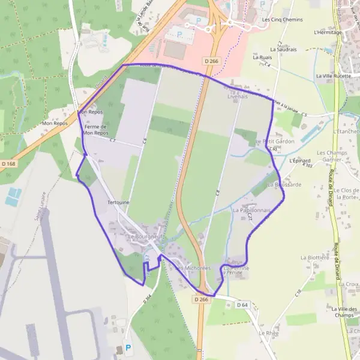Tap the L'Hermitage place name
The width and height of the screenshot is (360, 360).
click(x=328, y=32)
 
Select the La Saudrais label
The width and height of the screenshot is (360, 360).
click(x=283, y=49)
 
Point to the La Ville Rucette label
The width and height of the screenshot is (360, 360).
click(x=333, y=77)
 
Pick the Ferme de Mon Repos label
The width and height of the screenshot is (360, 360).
click(x=96, y=130)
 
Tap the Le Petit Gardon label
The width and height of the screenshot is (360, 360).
click(x=275, y=142)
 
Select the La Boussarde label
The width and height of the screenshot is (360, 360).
click(x=284, y=184)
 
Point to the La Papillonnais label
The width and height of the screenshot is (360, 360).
click(x=251, y=211)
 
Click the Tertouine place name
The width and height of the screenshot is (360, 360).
click(x=118, y=203)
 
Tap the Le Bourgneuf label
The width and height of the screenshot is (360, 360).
click(x=145, y=237)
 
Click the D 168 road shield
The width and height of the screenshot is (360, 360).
click(x=8, y=163)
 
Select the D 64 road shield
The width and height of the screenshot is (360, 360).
click(x=242, y=305)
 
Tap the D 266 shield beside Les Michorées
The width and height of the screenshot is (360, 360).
click(x=202, y=299)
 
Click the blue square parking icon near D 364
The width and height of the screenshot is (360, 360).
click(x=127, y=347)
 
